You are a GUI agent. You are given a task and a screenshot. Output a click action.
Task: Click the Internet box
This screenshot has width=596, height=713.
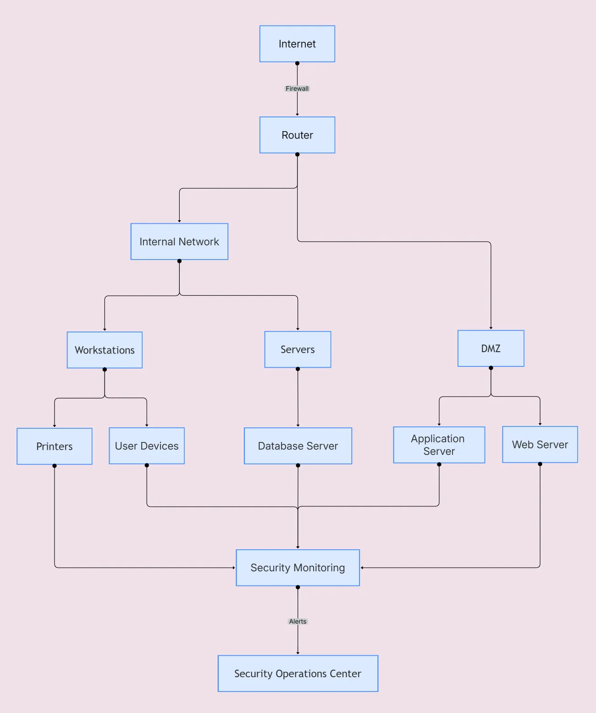point(297,44)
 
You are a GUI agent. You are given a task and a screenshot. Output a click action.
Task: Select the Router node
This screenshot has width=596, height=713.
point(297,135)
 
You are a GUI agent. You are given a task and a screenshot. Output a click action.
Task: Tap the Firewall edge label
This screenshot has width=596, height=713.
point(297,88)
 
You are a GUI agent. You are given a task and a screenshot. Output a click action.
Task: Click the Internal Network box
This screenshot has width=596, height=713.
point(179,242)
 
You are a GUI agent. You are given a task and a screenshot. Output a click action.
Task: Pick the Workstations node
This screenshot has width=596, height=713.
point(105,350)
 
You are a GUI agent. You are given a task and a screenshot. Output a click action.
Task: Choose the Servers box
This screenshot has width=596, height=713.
point(298,349)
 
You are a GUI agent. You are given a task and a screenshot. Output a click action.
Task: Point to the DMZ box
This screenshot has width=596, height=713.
point(491,348)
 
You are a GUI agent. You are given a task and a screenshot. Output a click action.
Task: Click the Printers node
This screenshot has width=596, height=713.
point(55,446)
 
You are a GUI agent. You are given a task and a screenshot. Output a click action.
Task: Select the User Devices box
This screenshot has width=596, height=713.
point(147,446)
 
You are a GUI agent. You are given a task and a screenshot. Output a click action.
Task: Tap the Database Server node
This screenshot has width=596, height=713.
point(298,446)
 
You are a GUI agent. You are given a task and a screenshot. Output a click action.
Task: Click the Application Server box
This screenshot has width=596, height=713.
point(439,445)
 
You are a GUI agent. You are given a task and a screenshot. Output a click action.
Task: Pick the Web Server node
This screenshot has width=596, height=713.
point(540,444)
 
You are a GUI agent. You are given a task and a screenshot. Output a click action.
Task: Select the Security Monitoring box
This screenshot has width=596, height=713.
point(298,568)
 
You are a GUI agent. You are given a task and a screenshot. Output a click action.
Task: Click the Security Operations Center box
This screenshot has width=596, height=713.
point(298,674)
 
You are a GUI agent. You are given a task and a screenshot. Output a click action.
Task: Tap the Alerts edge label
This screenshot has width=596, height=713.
point(298,621)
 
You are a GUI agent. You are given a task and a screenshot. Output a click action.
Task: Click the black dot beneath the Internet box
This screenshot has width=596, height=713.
point(297,63)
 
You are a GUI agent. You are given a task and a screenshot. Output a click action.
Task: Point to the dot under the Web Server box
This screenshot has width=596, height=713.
point(540,464)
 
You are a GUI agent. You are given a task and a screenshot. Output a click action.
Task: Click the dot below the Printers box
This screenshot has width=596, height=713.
point(55,466)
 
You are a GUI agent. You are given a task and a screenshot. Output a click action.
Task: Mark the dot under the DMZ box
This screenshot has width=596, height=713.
point(491,368)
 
